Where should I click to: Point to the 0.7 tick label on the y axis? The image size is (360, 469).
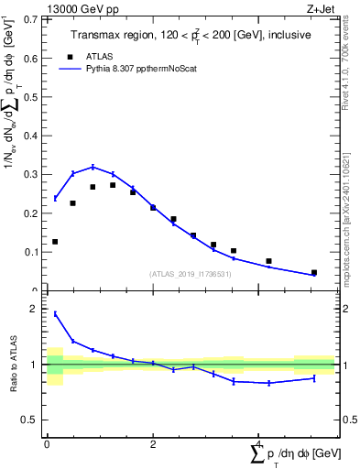click(x=29, y=19)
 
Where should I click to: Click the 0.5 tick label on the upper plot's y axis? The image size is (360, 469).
click(x=29, y=97)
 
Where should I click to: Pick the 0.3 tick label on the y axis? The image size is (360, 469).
click(x=29, y=174)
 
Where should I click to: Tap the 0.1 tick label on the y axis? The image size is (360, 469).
click(x=29, y=252)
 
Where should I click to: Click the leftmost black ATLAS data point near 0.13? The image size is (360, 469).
click(x=55, y=242)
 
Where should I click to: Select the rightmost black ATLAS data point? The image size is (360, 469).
click(x=314, y=272)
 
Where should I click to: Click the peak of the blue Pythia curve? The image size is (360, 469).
click(x=93, y=167)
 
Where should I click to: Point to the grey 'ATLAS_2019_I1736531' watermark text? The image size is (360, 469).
click(x=190, y=274)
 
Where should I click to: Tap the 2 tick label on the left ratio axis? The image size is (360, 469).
click(x=34, y=310)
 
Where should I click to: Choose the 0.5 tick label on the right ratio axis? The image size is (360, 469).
click(x=348, y=420)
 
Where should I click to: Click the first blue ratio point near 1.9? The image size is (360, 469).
click(x=55, y=313)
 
